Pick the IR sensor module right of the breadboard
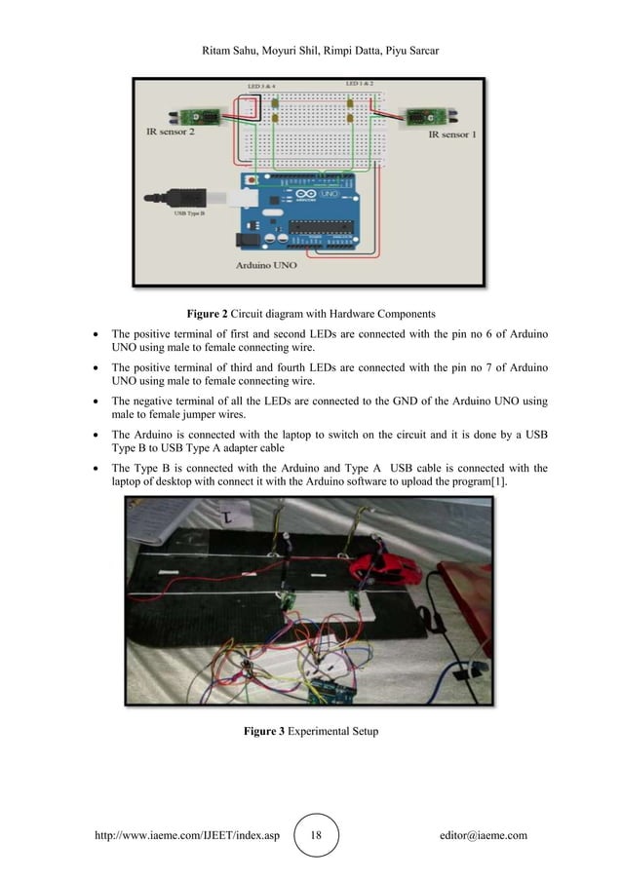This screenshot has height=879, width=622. click(x=426, y=118)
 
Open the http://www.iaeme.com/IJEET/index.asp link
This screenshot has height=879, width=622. click(x=186, y=835)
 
